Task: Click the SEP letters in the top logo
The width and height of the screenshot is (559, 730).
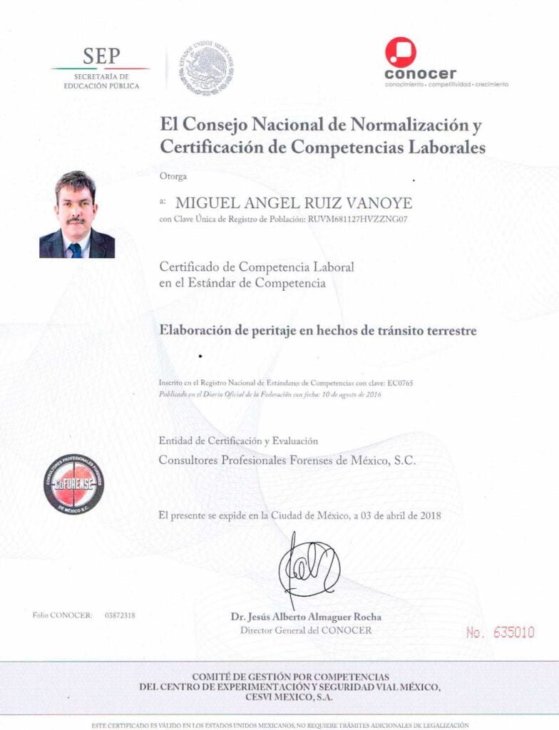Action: [x=102, y=56]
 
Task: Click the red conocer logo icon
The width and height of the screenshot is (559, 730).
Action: [x=400, y=52]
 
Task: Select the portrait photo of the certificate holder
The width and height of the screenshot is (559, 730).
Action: [x=76, y=214]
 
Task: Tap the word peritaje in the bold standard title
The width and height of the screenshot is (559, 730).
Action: [x=257, y=331]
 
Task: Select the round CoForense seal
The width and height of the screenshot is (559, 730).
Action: [x=73, y=484]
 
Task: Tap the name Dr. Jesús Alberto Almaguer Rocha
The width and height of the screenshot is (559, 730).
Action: [x=306, y=617]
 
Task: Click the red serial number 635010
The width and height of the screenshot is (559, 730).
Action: [x=508, y=632]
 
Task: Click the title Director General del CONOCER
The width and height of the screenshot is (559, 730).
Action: [x=306, y=630]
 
